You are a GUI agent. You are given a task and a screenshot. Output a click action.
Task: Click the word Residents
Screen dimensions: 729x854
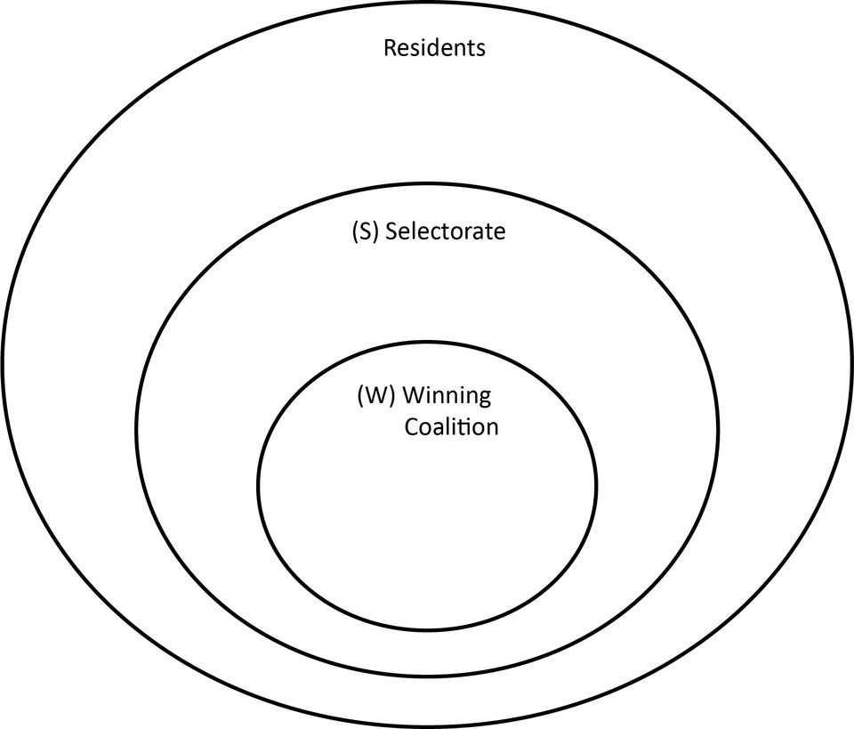(x=434, y=47)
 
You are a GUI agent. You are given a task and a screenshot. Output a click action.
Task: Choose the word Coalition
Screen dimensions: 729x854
(x=452, y=426)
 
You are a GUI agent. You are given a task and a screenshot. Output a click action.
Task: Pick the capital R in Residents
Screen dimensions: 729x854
(x=390, y=47)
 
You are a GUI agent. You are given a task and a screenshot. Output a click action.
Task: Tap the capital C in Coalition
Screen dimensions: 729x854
(x=412, y=426)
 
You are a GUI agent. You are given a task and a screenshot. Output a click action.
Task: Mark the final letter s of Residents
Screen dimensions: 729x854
(x=481, y=48)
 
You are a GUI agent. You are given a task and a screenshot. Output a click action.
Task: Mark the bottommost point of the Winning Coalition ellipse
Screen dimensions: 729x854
(x=428, y=630)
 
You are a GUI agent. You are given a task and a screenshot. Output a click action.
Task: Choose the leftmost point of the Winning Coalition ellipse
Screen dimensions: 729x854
(x=259, y=486)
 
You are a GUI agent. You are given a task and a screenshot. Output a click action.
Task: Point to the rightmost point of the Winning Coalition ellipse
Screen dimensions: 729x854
(x=596, y=486)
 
